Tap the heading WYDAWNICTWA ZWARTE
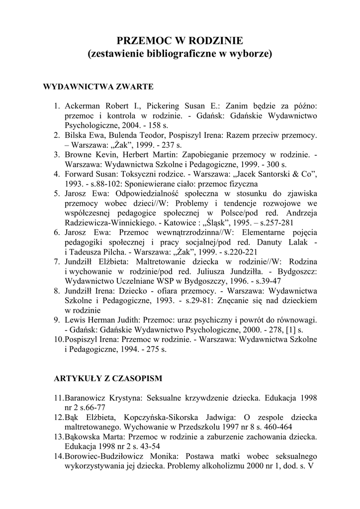[x=98, y=86]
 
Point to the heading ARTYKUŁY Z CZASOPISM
[x=108, y=378]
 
